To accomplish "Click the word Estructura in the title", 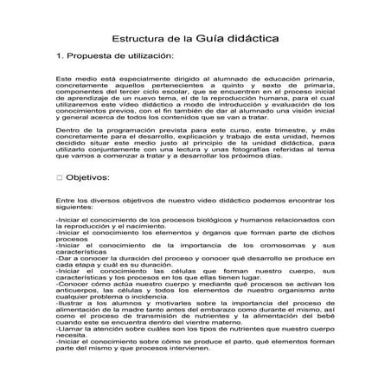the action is (x=142, y=40).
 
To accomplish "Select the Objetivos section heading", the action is (x=89, y=177).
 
